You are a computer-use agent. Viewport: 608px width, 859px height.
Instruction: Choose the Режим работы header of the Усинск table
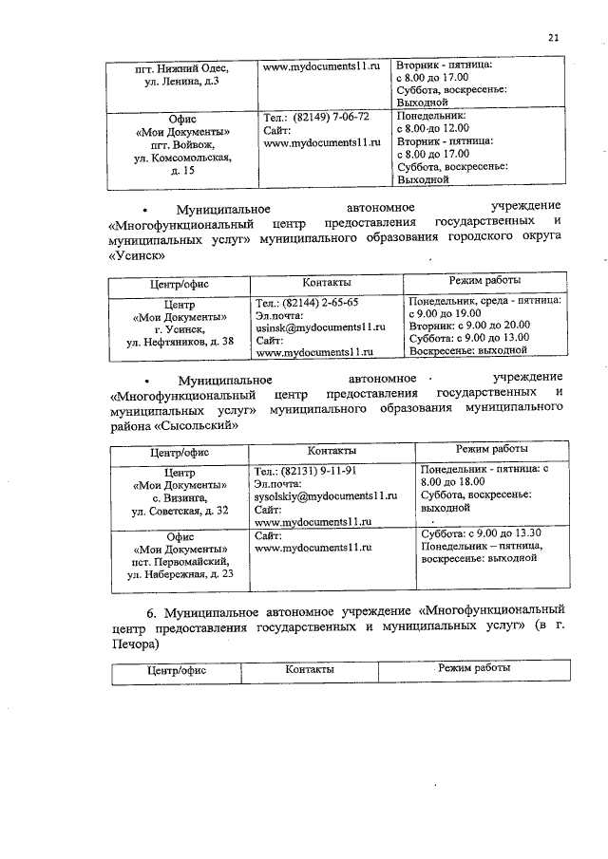pyautogui.click(x=484, y=281)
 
